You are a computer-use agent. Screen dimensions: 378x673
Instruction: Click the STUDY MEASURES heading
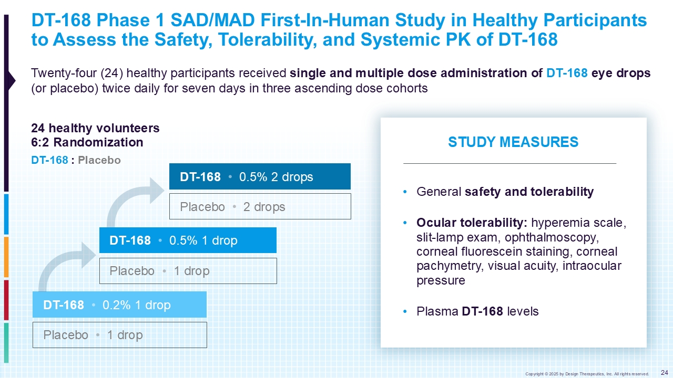point(513,142)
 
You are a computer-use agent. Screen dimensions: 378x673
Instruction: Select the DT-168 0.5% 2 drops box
point(260,177)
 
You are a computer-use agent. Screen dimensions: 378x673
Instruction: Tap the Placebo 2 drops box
point(260,206)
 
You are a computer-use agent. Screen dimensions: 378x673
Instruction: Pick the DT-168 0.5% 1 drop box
point(188,240)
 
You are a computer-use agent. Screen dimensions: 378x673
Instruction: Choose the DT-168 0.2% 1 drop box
point(119,305)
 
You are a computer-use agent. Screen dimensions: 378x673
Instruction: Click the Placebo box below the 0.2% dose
point(119,335)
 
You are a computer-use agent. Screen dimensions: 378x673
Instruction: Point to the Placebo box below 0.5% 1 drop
point(188,271)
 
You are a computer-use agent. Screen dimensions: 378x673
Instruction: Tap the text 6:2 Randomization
point(87,142)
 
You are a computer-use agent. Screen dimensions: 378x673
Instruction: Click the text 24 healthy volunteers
point(95,128)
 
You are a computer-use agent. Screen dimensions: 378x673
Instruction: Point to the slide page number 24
point(664,372)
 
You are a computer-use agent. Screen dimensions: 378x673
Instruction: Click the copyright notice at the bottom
point(587,374)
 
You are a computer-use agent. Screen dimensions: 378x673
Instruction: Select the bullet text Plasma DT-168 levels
point(477,311)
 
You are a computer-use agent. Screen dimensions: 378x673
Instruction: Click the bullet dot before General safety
point(404,192)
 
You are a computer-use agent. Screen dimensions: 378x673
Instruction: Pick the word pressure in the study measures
point(441,280)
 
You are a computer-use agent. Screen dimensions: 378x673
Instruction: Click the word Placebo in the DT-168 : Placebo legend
point(99,160)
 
